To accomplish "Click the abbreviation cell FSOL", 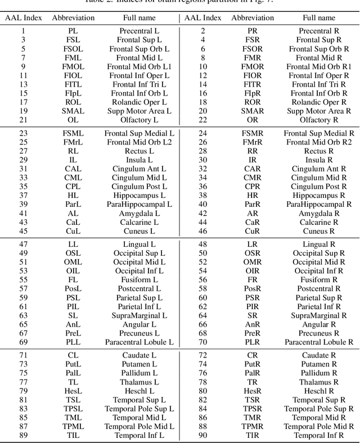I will (73, 49).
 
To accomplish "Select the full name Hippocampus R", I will (319, 196).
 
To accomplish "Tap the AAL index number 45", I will (23, 231).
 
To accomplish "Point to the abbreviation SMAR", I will (253, 111).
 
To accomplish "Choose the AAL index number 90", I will (203, 435).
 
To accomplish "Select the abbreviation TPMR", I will (253, 426).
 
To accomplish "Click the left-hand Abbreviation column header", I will (73, 18).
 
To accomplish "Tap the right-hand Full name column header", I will (319, 18).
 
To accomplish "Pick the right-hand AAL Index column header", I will (203, 18).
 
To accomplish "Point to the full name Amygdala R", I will (319, 214).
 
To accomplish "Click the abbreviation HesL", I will (73, 391).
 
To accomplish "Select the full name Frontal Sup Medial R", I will (319, 133).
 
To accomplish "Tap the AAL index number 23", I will (23, 133).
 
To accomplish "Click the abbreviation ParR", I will (253, 205).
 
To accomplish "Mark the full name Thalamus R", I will (319, 382).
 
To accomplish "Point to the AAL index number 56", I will (203, 279).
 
